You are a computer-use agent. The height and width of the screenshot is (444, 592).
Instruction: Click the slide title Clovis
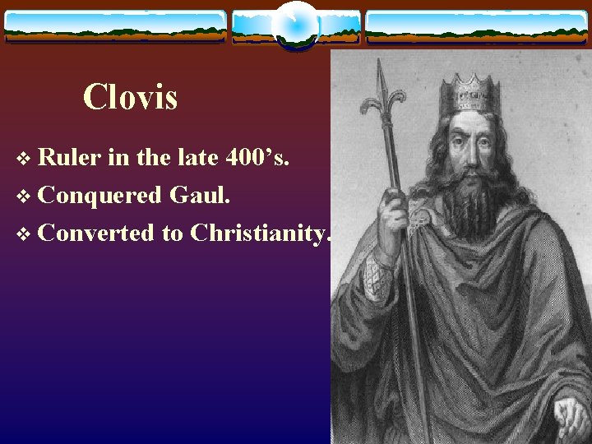[x=130, y=98]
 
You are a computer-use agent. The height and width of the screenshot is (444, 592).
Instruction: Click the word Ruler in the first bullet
[x=69, y=157]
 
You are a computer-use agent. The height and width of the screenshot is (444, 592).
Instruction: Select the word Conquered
[x=99, y=196]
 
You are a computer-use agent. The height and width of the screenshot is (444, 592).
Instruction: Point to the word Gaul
[x=197, y=195]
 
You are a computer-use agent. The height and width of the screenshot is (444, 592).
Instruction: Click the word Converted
[x=96, y=234]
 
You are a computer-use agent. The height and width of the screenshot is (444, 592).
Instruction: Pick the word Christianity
[x=259, y=234]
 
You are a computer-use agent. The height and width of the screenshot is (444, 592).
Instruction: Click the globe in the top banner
[x=295, y=25]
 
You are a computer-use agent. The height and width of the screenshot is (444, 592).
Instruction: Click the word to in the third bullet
[x=172, y=234]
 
